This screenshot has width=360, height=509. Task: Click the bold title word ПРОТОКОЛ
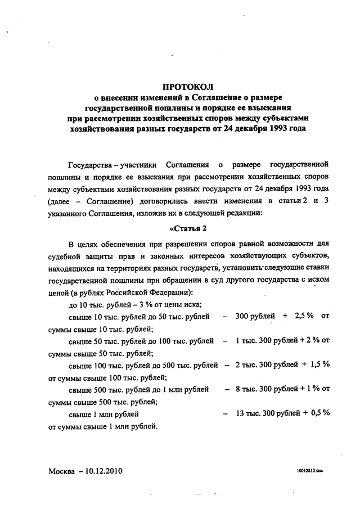[x=185, y=87]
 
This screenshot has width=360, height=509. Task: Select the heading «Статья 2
[x=189, y=227]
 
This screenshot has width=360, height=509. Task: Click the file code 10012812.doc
[x=312, y=469]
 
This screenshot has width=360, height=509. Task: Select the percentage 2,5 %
[x=303, y=317]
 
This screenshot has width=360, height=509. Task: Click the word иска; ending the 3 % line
[x=190, y=304]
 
